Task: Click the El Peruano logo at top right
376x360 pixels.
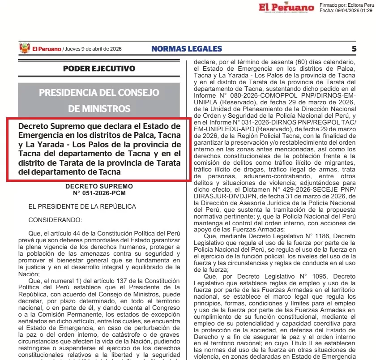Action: [x=286, y=8]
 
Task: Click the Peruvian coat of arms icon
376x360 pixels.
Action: [x=24, y=49]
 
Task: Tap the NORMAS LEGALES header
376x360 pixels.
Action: [x=187, y=49]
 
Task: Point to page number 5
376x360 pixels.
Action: [x=354, y=49]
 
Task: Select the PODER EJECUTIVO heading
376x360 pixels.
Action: [x=99, y=69]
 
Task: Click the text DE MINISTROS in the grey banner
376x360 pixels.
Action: [x=99, y=108]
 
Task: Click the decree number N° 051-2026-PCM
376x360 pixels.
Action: [x=99, y=193]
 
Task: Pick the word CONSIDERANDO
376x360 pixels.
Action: [x=55, y=220]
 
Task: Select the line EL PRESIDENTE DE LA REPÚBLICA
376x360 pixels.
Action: [x=82, y=206]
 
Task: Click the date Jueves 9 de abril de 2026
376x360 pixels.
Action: [x=93, y=49]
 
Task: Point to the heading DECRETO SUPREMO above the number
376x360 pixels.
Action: [x=99, y=186]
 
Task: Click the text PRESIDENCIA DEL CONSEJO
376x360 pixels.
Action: [x=99, y=93]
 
